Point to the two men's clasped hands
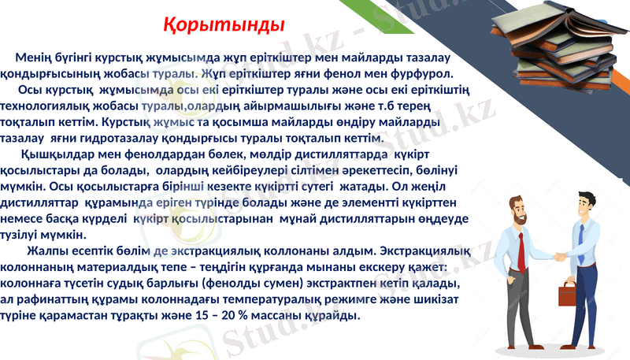click(x=559, y=256)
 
